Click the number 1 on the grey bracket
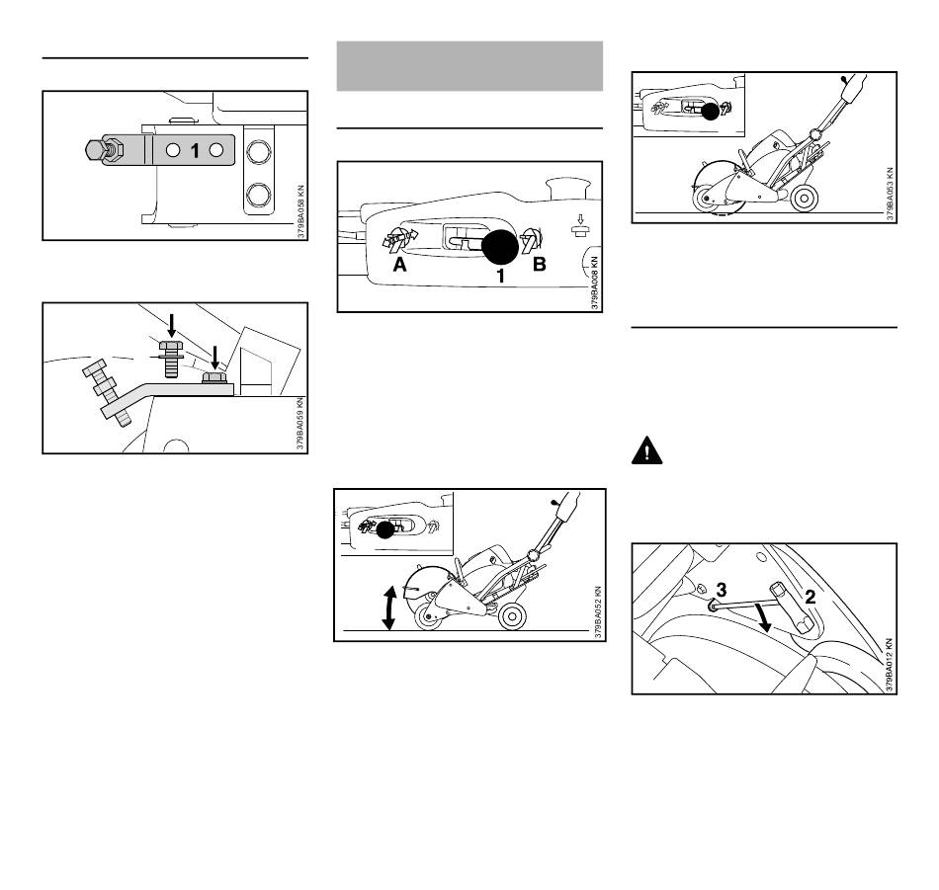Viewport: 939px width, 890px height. pyautogui.click(x=194, y=151)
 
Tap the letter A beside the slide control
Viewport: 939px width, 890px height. pyautogui.click(x=399, y=264)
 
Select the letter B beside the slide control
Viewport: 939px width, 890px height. pyautogui.click(x=539, y=264)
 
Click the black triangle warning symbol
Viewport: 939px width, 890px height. pyautogui.click(x=646, y=451)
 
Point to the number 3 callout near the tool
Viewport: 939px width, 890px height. pyautogui.click(x=721, y=590)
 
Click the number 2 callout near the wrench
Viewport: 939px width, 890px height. pyautogui.click(x=811, y=596)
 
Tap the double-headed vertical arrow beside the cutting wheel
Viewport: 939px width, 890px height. pyautogui.click(x=388, y=608)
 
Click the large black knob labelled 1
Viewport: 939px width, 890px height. pyautogui.click(x=500, y=247)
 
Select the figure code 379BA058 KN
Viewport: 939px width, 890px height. pyautogui.click(x=300, y=211)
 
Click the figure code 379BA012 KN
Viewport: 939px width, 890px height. pyautogui.click(x=889, y=665)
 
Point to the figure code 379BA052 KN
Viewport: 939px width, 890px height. pyautogui.click(x=598, y=612)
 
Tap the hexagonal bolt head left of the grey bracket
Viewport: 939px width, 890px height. pyautogui.click(x=94, y=149)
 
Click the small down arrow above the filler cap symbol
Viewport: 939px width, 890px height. pyautogui.click(x=578, y=219)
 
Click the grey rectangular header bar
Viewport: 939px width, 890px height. pyautogui.click(x=469, y=66)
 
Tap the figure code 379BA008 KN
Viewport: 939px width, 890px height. pyautogui.click(x=595, y=283)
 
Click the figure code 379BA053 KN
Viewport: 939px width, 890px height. pyautogui.click(x=890, y=194)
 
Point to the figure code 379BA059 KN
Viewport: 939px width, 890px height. pyautogui.click(x=300, y=424)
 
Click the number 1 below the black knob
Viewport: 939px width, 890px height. pyautogui.click(x=501, y=276)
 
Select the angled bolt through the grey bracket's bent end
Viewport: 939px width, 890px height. pyautogui.click(x=108, y=392)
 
